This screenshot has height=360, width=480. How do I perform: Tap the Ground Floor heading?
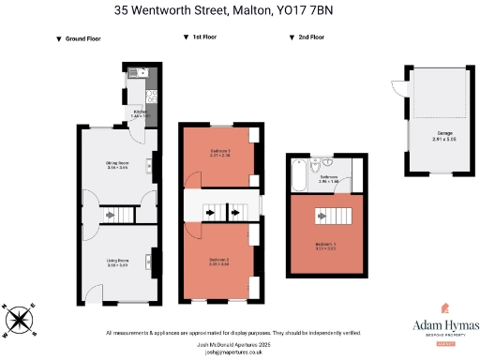click(83, 39)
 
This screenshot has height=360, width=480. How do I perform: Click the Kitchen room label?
click(141, 112)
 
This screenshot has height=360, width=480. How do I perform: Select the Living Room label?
click(117, 263)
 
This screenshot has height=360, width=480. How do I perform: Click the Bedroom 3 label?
click(219, 154)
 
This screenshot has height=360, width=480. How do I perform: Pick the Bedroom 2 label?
click(219, 262)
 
